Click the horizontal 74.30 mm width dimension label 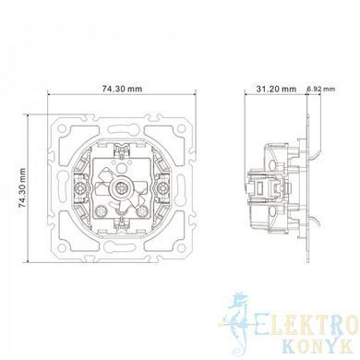(122, 89)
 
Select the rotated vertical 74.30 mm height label (22, 187)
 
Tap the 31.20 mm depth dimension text (276, 89)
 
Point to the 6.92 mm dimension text (321, 89)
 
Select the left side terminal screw (80, 187)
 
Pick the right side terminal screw (162, 187)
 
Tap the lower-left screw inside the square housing (102, 210)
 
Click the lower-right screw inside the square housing (142, 210)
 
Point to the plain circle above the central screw (122, 168)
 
